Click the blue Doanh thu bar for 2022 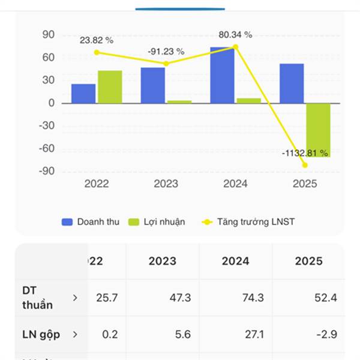point(83,94)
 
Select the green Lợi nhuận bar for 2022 point(110,87)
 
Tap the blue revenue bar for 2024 point(222,75)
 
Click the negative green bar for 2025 point(318,130)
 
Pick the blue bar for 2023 point(152,85)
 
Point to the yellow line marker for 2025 point(305,165)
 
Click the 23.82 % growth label point(97,40)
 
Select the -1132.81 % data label point(305,154)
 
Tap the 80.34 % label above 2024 point(235,35)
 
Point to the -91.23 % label point(166,52)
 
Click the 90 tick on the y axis point(49,35)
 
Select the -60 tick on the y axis point(46,149)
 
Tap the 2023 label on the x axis point(166,184)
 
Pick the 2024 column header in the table point(235,261)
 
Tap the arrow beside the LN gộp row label point(75,334)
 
